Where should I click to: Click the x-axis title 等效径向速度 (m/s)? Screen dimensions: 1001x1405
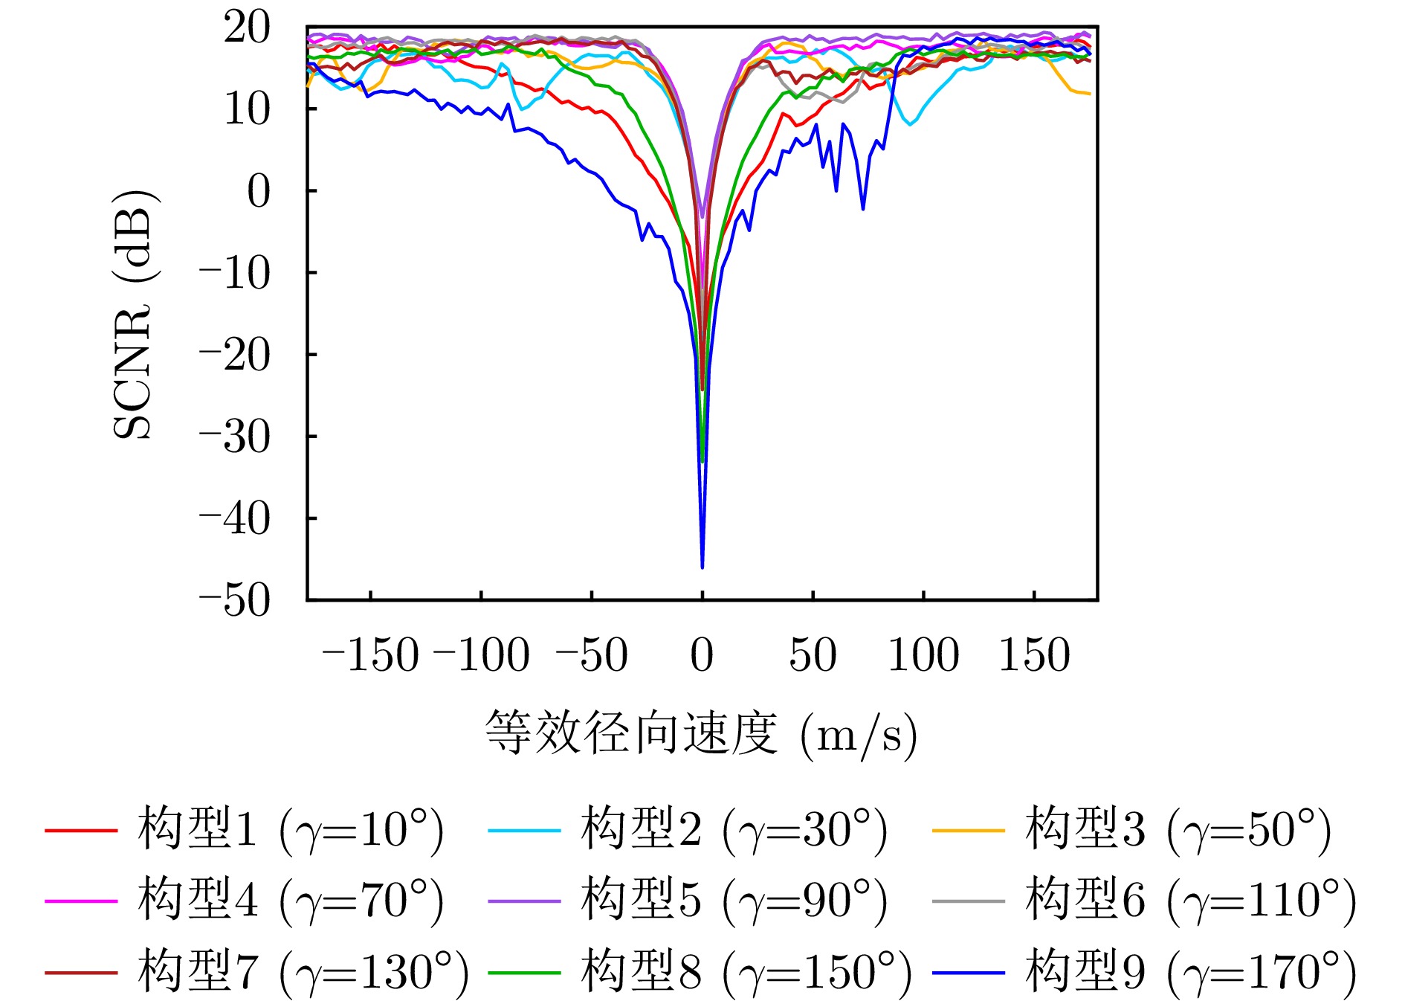coord(701,733)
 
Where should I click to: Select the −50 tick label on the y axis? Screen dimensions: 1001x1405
coord(235,600)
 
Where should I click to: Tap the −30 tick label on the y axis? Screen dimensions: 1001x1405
coord(235,437)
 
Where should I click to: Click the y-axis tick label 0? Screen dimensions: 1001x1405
coord(259,191)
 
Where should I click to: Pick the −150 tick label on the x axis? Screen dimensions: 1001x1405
coord(370,655)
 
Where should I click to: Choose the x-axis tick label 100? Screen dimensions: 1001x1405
coord(923,655)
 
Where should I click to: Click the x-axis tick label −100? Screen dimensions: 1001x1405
coord(481,655)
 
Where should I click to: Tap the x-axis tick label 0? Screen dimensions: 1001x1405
coord(702,655)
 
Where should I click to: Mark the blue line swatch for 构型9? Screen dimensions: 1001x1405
coord(968,972)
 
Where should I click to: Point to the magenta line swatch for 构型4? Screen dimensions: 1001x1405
coord(81,901)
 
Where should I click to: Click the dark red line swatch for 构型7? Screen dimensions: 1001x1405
coord(81,972)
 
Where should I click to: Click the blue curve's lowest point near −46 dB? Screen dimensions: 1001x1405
coord(702,567)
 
